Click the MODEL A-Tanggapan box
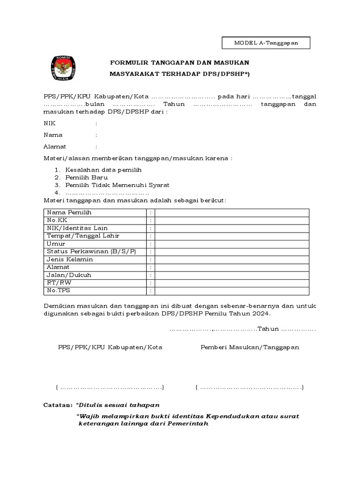click(x=266, y=43)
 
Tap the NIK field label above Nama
click(x=49, y=123)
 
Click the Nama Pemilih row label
click(x=68, y=212)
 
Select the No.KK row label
click(x=55, y=220)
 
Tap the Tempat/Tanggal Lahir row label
click(x=82, y=236)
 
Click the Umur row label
click(x=55, y=244)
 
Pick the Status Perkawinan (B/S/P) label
click(x=91, y=252)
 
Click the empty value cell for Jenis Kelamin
click(x=232, y=260)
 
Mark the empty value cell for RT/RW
click(x=232, y=283)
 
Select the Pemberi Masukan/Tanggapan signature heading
click(x=250, y=347)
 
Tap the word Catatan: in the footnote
click(x=58, y=405)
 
